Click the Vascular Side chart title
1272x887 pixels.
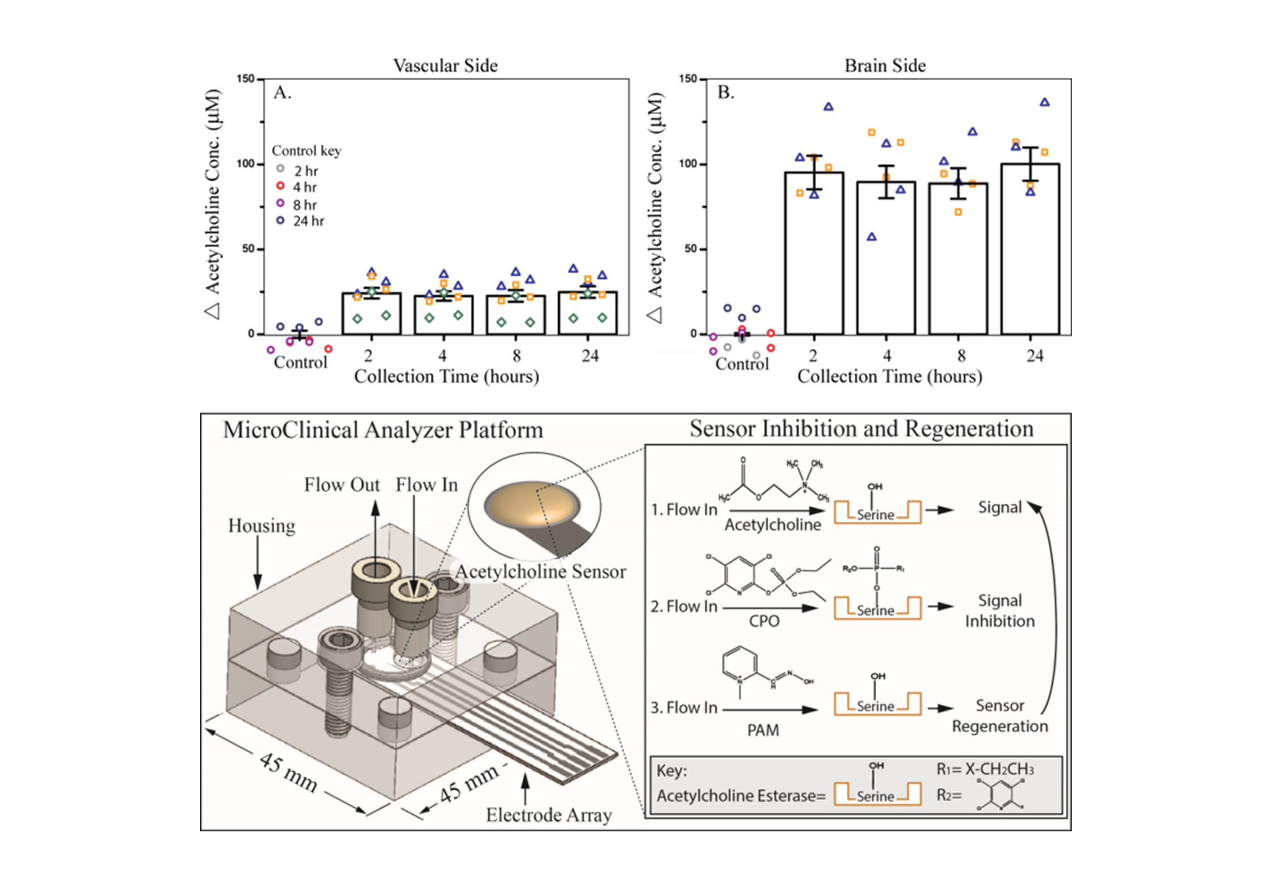pos(445,66)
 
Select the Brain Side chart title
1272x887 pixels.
pos(885,66)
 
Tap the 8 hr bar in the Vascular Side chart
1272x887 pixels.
pos(516,315)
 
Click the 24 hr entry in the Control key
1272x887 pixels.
pos(301,221)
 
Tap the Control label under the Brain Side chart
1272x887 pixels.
pos(742,363)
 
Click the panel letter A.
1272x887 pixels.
pos(282,93)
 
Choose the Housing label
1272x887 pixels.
pos(262,526)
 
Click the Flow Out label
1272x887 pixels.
pos(342,485)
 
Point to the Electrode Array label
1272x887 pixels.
pos(549,815)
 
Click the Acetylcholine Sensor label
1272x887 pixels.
pos(541,571)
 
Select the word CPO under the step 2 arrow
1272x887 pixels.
pos(764,621)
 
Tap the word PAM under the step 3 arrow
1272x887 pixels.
pos(763,730)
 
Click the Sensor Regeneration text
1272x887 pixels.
pos(999,716)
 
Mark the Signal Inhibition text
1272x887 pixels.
pos(999,611)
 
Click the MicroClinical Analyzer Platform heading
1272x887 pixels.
pos(383,430)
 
